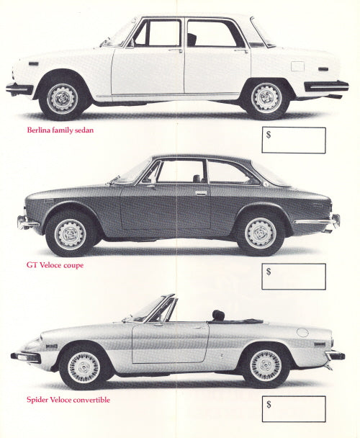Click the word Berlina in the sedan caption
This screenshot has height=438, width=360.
[37, 130]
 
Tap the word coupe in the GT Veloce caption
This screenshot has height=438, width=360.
[73, 265]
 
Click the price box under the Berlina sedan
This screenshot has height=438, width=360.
[294, 140]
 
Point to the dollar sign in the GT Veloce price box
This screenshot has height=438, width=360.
[269, 272]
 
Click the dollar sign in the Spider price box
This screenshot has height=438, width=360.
[269, 404]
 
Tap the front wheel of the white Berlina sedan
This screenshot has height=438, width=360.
[62, 98]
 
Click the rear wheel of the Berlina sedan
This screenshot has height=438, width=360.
[266, 98]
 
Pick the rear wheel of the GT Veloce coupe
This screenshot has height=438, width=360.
[261, 233]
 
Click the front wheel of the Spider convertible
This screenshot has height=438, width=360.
[84, 367]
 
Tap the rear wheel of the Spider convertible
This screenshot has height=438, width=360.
[266, 365]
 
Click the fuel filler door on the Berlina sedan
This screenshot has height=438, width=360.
[297, 66]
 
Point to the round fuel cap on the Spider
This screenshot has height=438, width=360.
[302, 333]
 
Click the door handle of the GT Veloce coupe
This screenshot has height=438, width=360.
[201, 193]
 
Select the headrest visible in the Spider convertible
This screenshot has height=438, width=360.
[218, 315]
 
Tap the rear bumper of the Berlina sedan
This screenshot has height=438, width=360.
[326, 86]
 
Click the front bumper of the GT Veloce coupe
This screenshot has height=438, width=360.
[28, 223]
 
